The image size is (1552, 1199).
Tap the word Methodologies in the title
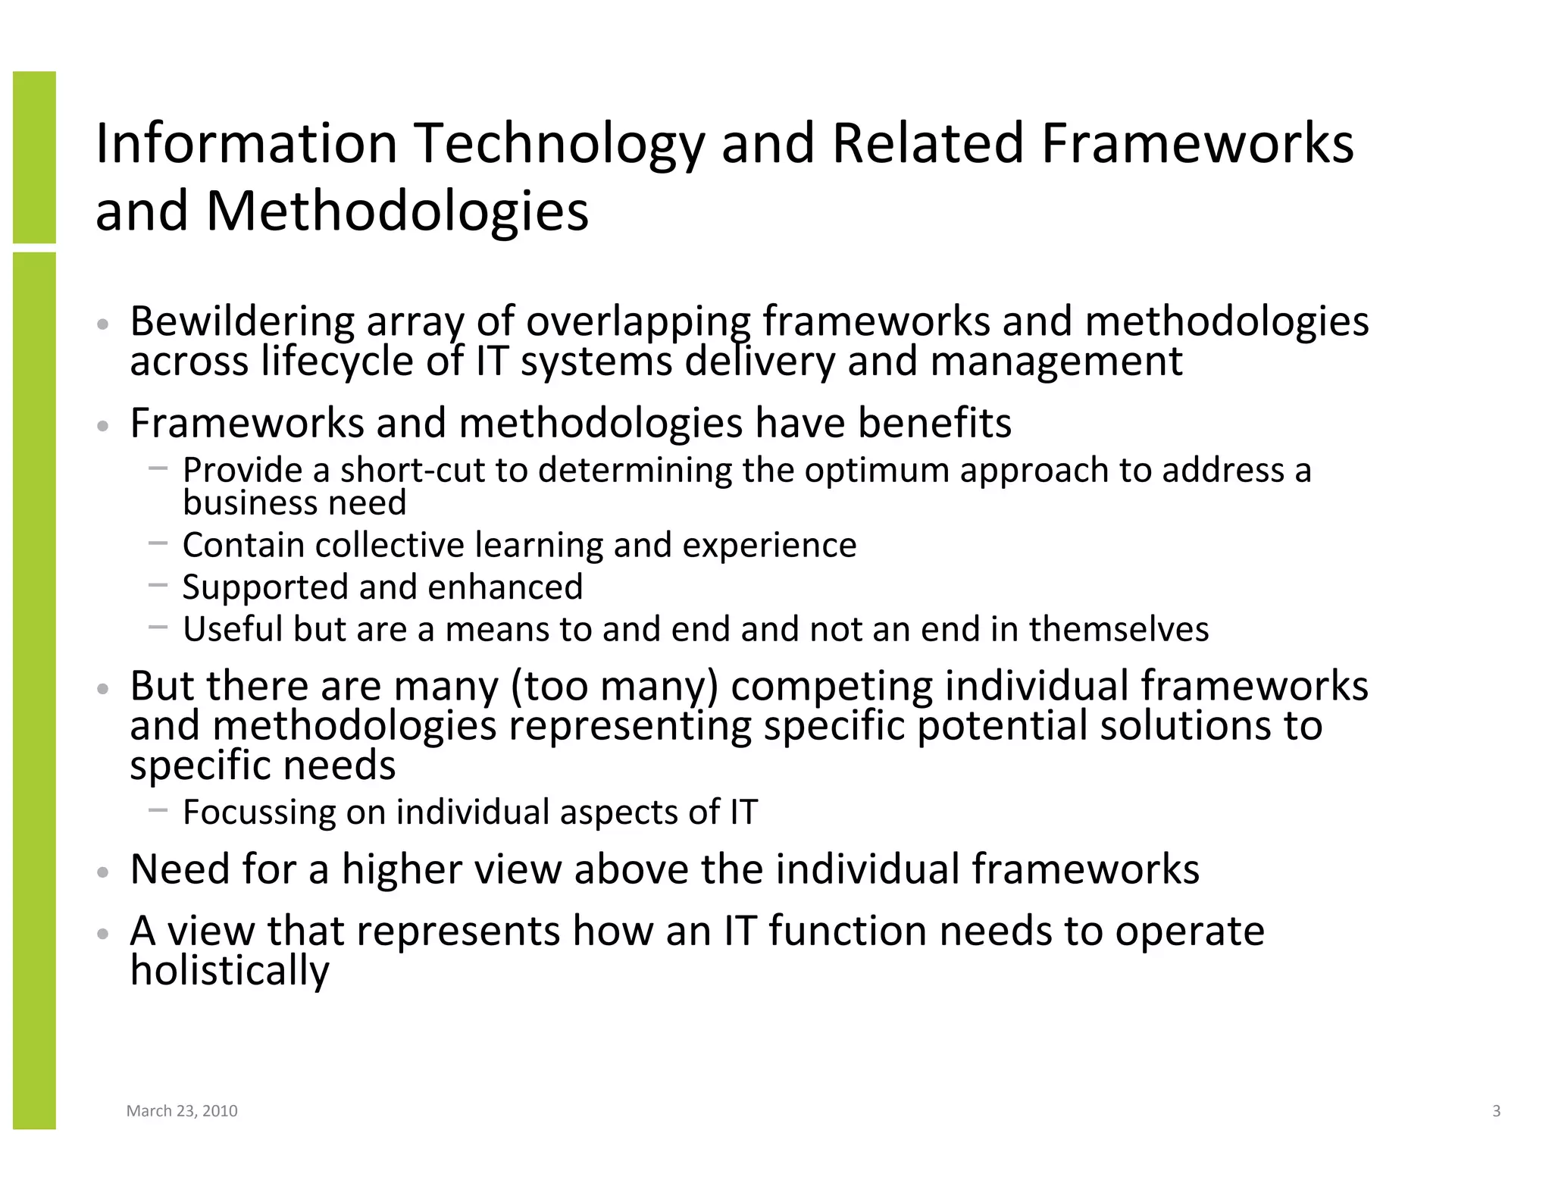(397, 211)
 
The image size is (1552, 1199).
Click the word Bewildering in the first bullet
(242, 321)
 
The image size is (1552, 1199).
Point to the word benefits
(934, 423)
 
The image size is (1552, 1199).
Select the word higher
(402, 869)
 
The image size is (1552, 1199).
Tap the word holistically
(230, 971)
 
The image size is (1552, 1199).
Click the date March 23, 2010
(182, 1111)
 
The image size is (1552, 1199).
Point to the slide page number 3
(1496, 1111)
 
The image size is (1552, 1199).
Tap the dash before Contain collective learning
(158, 543)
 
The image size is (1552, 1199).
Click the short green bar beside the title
(34, 157)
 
